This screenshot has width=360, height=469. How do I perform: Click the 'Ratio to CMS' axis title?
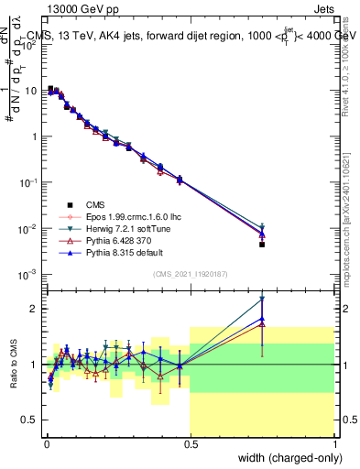coord(14,363)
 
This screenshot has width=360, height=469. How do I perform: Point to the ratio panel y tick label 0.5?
coord(30,420)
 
